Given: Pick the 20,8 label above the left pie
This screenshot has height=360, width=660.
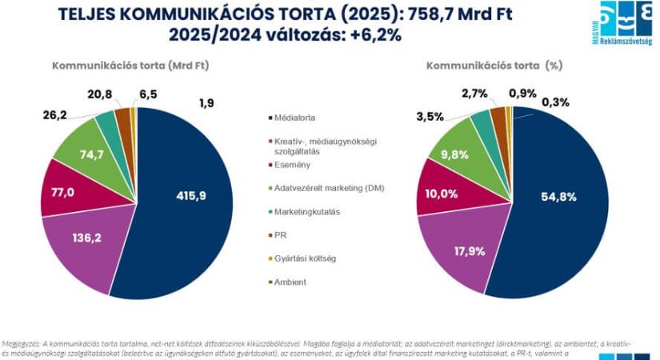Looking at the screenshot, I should pyautogui.click(x=100, y=94).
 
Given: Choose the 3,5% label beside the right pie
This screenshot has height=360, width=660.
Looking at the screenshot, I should pyautogui.click(x=430, y=117).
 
